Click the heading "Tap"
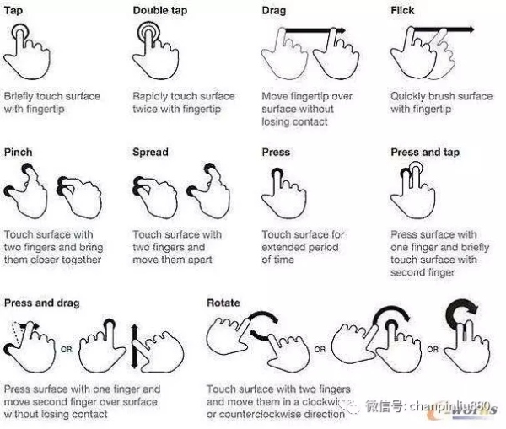pyautogui.click(x=13, y=11)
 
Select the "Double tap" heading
pyautogui.click(x=160, y=11)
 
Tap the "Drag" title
pyautogui.click(x=274, y=11)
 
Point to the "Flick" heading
pyautogui.click(x=402, y=11)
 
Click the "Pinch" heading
pyautogui.click(x=18, y=153)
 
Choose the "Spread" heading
pyautogui.click(x=150, y=153)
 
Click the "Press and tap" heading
pyautogui.click(x=425, y=153)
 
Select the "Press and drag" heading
pyautogui.click(x=41, y=303)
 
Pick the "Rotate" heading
pyautogui.click(x=223, y=303)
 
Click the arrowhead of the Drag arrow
pyautogui.click(x=342, y=30)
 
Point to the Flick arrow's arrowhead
pyautogui.click(x=471, y=30)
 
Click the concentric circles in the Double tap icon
pyautogui.click(x=148, y=32)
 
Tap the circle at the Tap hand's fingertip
pyautogui.click(x=20, y=32)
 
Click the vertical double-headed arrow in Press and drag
pyautogui.click(x=135, y=346)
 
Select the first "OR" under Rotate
pyautogui.click(x=320, y=349)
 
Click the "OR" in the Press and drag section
pyautogui.click(x=67, y=349)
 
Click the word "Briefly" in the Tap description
pyautogui.click(x=19, y=96)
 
